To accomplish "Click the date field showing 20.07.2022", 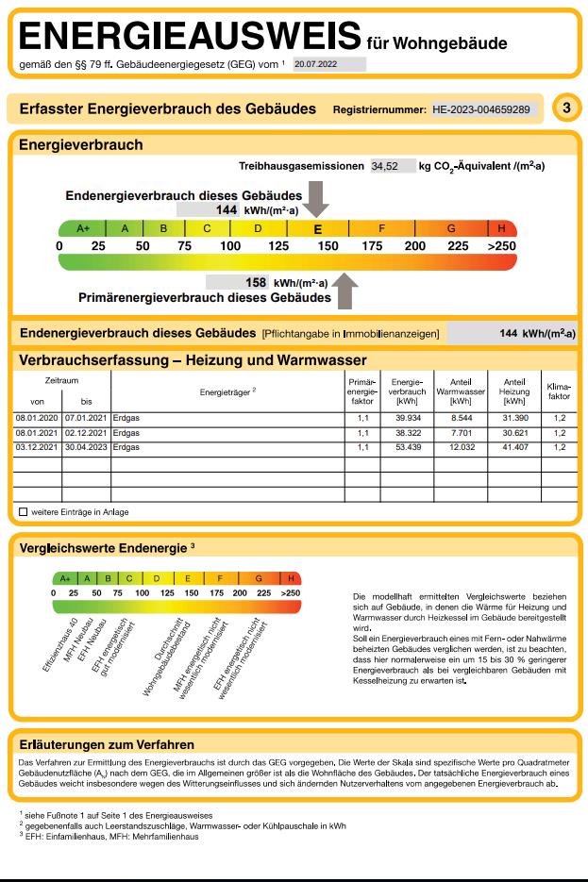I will (x=327, y=65).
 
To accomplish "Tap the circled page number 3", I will (x=564, y=108).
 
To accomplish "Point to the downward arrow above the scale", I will (x=317, y=200).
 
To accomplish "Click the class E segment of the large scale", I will (x=318, y=228).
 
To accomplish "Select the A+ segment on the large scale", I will (x=82, y=228).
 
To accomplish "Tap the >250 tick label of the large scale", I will (x=501, y=246).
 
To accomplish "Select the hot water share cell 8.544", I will (x=461, y=416).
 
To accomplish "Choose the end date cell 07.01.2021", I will (x=86, y=416).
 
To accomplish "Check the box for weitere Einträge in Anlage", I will (x=23, y=512).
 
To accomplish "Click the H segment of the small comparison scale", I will (x=291, y=577).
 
